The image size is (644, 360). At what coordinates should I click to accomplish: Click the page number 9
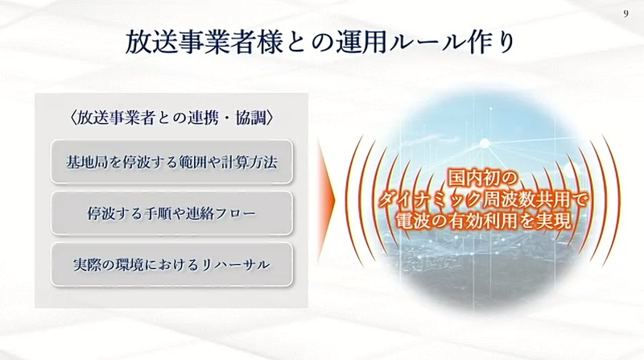(x=626, y=13)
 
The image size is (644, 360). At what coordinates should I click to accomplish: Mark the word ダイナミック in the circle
(x=418, y=197)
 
